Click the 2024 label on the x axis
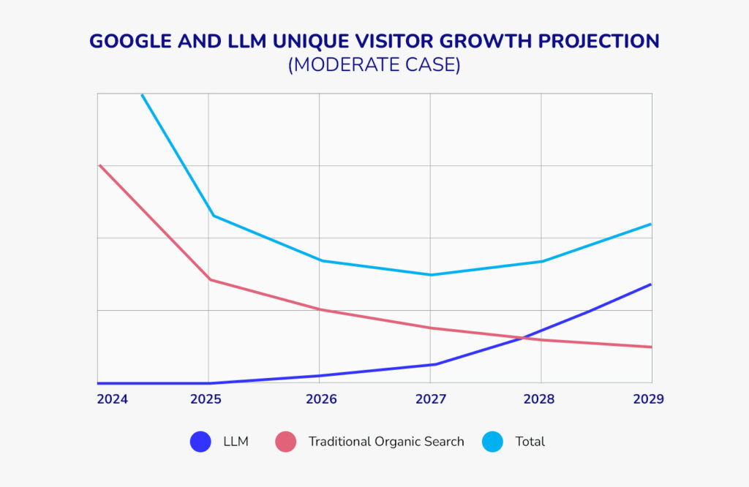[112, 399]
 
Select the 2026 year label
[321, 399]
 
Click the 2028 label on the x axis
[539, 399]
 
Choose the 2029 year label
[648, 399]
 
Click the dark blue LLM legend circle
[200, 442]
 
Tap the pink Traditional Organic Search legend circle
[285, 442]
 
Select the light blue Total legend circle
[493, 442]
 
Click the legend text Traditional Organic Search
[386, 442]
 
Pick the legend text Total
[530, 442]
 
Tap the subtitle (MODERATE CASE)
[374, 65]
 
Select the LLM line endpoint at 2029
[650, 284]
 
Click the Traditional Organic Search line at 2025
[210, 279]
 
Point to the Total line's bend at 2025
[212, 215]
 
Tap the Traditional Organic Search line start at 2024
[99, 166]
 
